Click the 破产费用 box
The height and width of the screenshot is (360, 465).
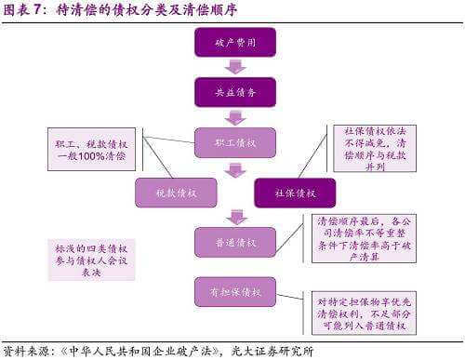point(235,44)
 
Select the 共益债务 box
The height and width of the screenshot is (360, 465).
point(235,92)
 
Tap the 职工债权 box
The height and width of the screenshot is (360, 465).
point(235,142)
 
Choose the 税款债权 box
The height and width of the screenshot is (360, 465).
point(176,193)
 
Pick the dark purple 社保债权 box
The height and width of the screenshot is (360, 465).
point(295,193)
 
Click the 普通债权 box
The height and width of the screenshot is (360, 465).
point(235,242)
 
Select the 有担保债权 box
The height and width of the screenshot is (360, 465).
point(235,291)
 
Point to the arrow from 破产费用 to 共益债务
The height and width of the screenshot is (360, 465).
point(235,68)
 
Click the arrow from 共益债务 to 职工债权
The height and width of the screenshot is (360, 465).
point(235,117)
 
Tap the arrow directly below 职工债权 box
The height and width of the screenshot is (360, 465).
point(235,168)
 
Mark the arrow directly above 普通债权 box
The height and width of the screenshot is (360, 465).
point(235,218)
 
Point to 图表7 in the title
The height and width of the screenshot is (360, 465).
point(26,11)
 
